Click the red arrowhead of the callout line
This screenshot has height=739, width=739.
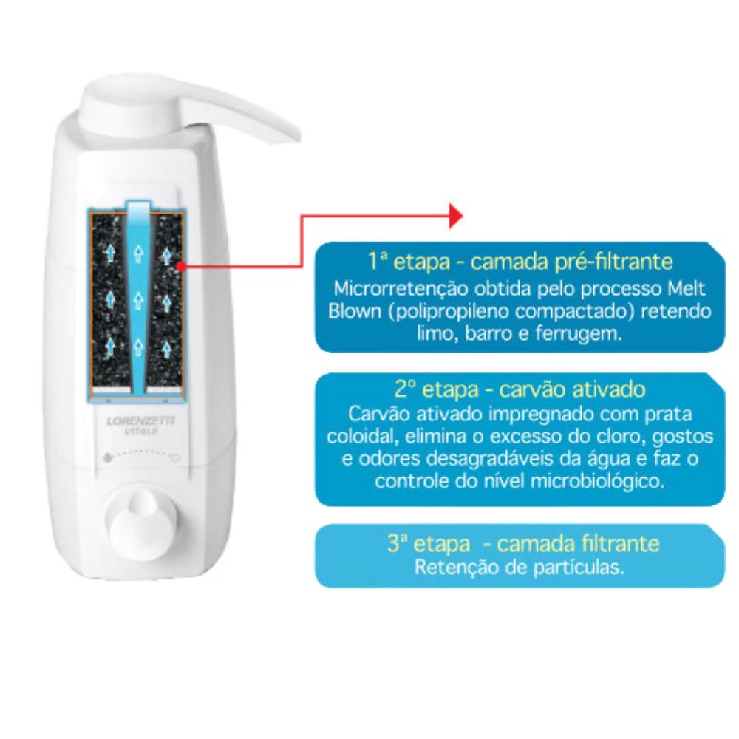point(456,216)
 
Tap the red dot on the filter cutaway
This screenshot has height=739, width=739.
point(180,267)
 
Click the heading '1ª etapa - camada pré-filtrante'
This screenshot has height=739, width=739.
point(520,262)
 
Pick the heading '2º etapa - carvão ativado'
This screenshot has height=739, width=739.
point(520,389)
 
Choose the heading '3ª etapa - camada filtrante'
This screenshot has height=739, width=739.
point(523,543)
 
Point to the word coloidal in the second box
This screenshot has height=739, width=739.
point(358,436)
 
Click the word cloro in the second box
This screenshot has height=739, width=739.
point(618,437)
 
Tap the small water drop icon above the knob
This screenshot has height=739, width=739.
point(108,457)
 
